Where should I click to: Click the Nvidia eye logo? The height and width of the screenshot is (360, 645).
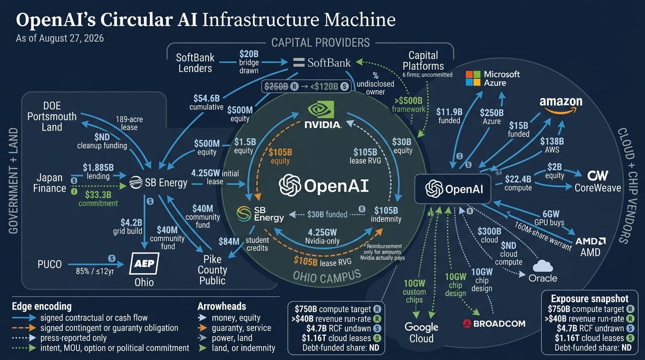(x=321, y=109)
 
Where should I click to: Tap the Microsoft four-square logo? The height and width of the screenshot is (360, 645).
(x=473, y=78)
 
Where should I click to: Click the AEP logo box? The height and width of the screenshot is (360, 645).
(x=144, y=263)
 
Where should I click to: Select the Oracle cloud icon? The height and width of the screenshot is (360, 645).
(x=543, y=266)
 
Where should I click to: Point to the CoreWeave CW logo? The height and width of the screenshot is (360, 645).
(x=598, y=175)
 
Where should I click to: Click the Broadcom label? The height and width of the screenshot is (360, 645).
(x=494, y=324)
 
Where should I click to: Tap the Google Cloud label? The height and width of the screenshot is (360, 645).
(x=421, y=333)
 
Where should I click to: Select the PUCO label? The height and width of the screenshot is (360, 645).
(x=50, y=264)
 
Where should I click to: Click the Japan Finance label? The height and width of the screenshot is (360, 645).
(x=50, y=183)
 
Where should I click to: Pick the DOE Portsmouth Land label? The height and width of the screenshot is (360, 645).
(x=52, y=116)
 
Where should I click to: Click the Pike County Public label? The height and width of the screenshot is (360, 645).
(x=212, y=270)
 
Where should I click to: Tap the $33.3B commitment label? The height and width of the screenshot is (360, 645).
(x=98, y=199)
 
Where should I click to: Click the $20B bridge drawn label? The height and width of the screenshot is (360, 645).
(x=249, y=62)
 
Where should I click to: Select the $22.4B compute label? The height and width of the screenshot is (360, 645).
(x=518, y=183)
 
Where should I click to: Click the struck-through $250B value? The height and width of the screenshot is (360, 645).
(x=276, y=86)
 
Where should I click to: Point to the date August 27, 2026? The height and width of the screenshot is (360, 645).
(x=71, y=38)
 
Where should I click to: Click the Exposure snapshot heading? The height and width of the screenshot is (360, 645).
(x=590, y=299)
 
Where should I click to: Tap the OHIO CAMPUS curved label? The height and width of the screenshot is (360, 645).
(x=327, y=276)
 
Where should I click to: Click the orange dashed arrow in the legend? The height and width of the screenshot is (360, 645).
(x=24, y=328)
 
